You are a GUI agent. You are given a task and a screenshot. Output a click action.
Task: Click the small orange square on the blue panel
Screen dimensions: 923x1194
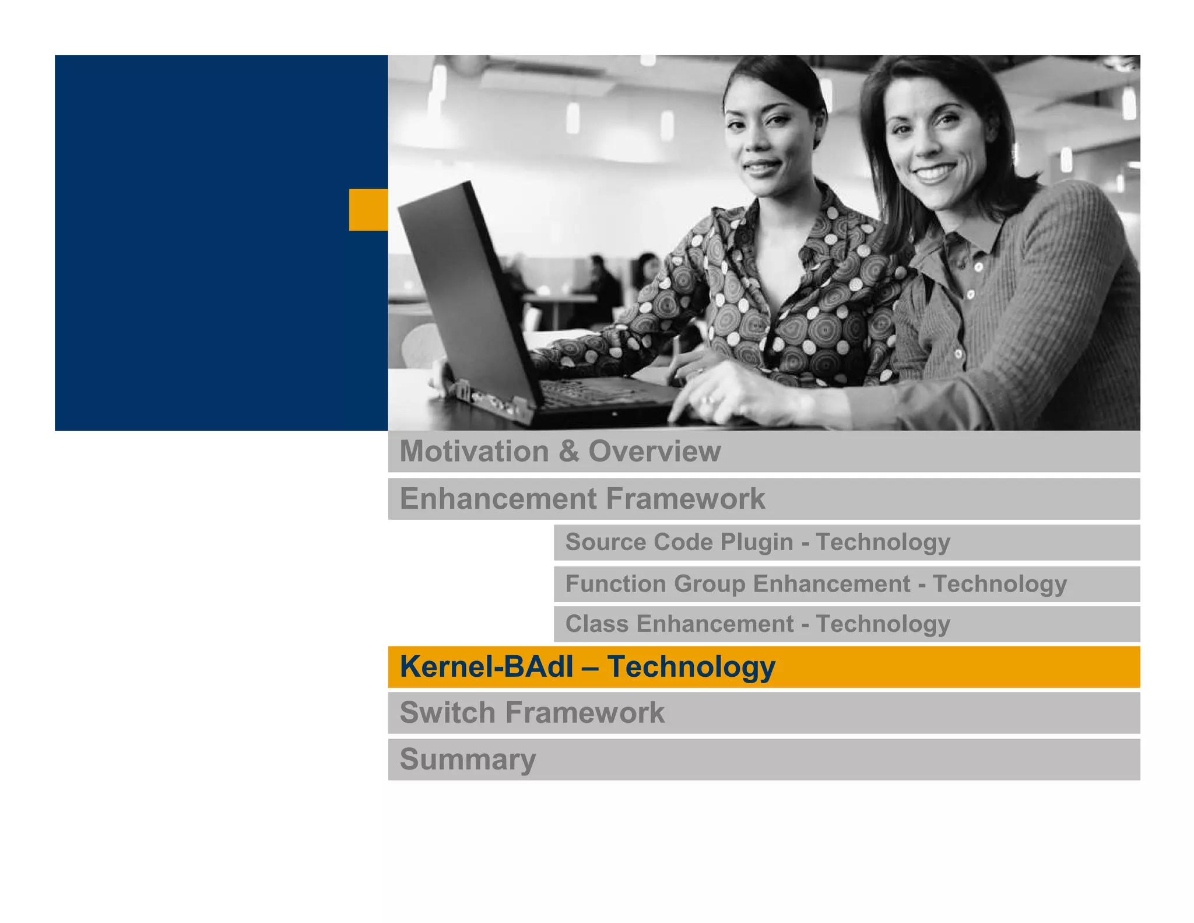(x=368, y=209)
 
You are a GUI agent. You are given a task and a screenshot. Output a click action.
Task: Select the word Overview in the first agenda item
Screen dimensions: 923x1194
(x=654, y=451)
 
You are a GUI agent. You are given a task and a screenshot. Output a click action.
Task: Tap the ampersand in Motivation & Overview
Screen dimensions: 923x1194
(x=568, y=451)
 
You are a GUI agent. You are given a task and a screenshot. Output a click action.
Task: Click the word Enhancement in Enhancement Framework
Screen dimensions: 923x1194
(x=498, y=499)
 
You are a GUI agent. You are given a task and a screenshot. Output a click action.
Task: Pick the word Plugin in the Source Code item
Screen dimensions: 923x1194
(x=756, y=542)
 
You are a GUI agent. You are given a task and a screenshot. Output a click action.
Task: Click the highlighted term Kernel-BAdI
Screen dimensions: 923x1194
(x=486, y=666)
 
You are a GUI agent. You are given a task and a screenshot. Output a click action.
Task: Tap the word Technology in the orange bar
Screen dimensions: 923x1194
(x=691, y=666)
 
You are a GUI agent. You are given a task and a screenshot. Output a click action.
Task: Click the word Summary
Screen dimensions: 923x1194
(x=468, y=759)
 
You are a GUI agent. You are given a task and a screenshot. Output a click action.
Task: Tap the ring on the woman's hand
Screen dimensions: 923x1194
(x=710, y=400)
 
